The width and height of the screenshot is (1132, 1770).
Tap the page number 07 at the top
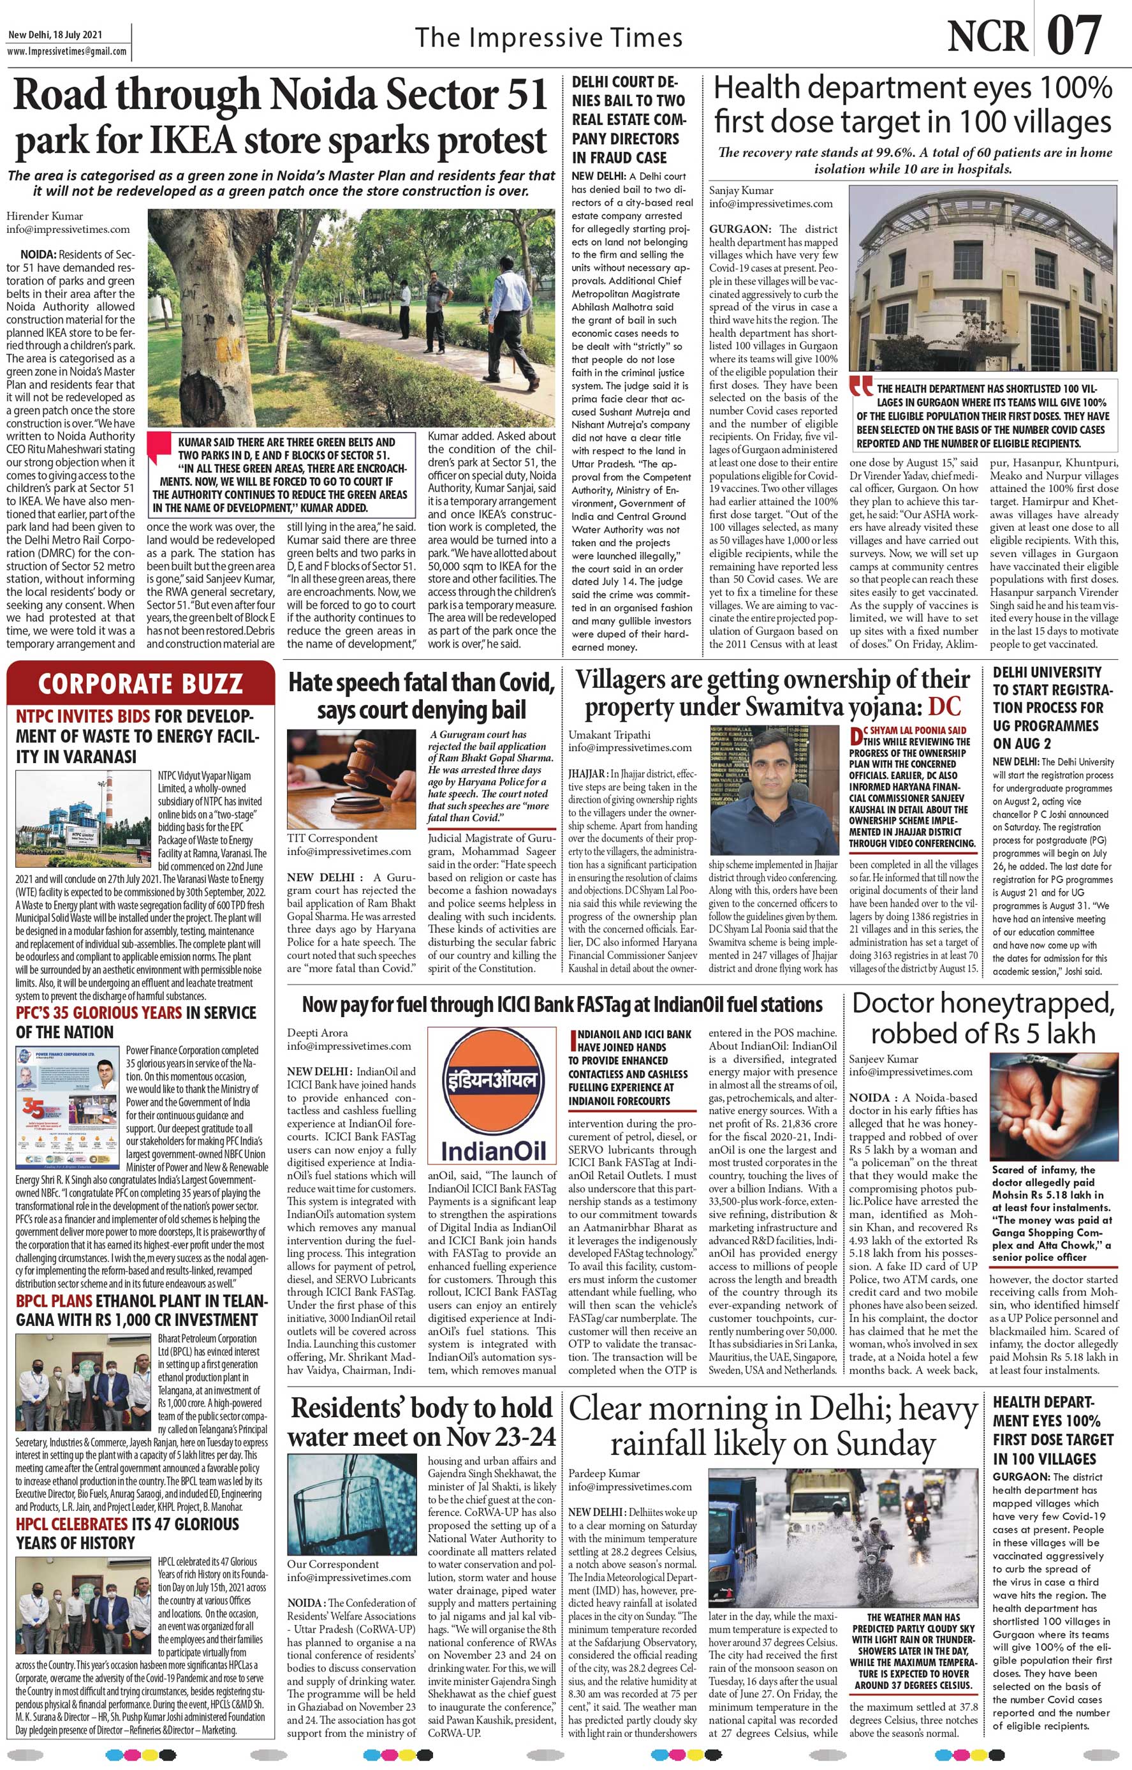(x=1074, y=35)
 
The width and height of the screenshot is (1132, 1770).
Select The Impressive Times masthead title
(x=548, y=38)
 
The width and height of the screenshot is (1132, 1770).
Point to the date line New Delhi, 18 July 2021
(x=55, y=34)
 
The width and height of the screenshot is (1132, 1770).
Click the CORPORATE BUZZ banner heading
(x=140, y=684)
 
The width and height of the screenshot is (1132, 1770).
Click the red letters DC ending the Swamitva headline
(x=944, y=708)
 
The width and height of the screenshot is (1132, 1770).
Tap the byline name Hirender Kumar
(x=45, y=216)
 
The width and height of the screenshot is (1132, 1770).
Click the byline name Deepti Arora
(x=318, y=1032)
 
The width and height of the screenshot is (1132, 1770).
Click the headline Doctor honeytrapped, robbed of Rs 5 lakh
(x=983, y=1018)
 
